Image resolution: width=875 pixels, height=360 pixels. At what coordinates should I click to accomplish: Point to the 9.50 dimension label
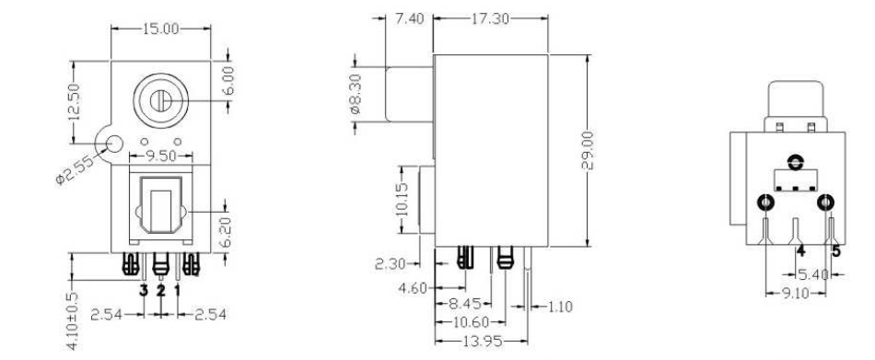[160, 156]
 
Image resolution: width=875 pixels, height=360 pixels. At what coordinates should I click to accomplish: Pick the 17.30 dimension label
[490, 19]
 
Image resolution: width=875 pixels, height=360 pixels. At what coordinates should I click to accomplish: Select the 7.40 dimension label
[409, 19]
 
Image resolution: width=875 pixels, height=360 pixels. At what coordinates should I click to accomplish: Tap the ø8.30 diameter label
[356, 94]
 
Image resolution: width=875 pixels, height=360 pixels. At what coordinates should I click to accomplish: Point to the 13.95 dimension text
[481, 341]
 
